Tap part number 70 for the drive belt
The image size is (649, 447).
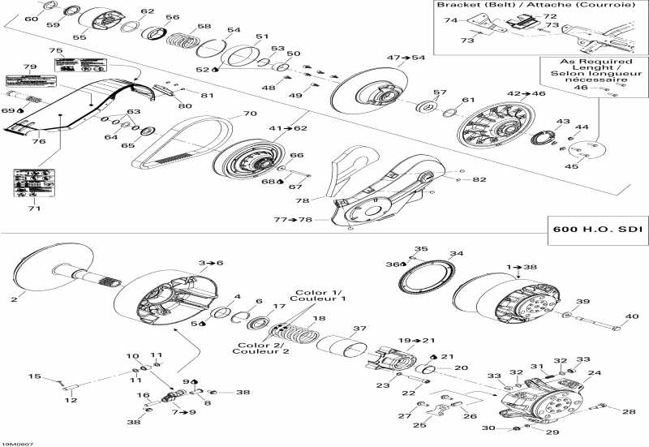coord(249,114)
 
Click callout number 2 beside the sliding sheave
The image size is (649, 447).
coord(13,299)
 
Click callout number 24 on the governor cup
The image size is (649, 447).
coord(595,373)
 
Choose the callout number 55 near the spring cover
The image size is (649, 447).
coord(80,37)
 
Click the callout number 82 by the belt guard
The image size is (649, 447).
coord(480,179)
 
